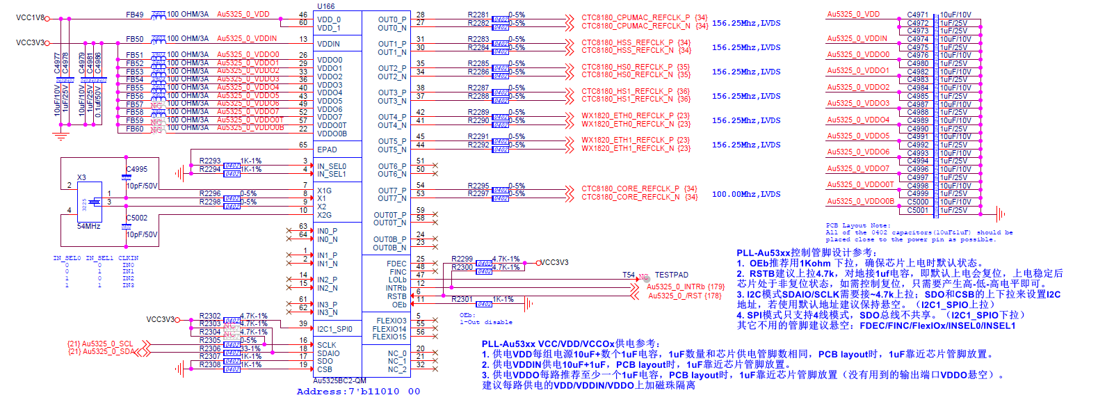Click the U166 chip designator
tap(326, 6)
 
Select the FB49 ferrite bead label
tap(135, 15)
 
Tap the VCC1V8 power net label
tap(30, 18)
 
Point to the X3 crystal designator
tap(81, 178)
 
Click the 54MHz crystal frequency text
tap(88, 227)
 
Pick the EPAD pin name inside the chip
tap(327, 150)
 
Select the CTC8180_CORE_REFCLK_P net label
tap(630, 188)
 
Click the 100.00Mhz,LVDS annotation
tap(745, 195)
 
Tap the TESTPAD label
tap(671, 275)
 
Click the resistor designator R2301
tap(462, 300)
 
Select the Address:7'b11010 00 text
tap(358, 392)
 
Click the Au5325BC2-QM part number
tap(339, 380)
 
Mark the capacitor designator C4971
tap(917, 15)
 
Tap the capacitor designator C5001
tap(917, 210)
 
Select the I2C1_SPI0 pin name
tap(334, 329)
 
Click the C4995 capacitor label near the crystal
tap(136, 169)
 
